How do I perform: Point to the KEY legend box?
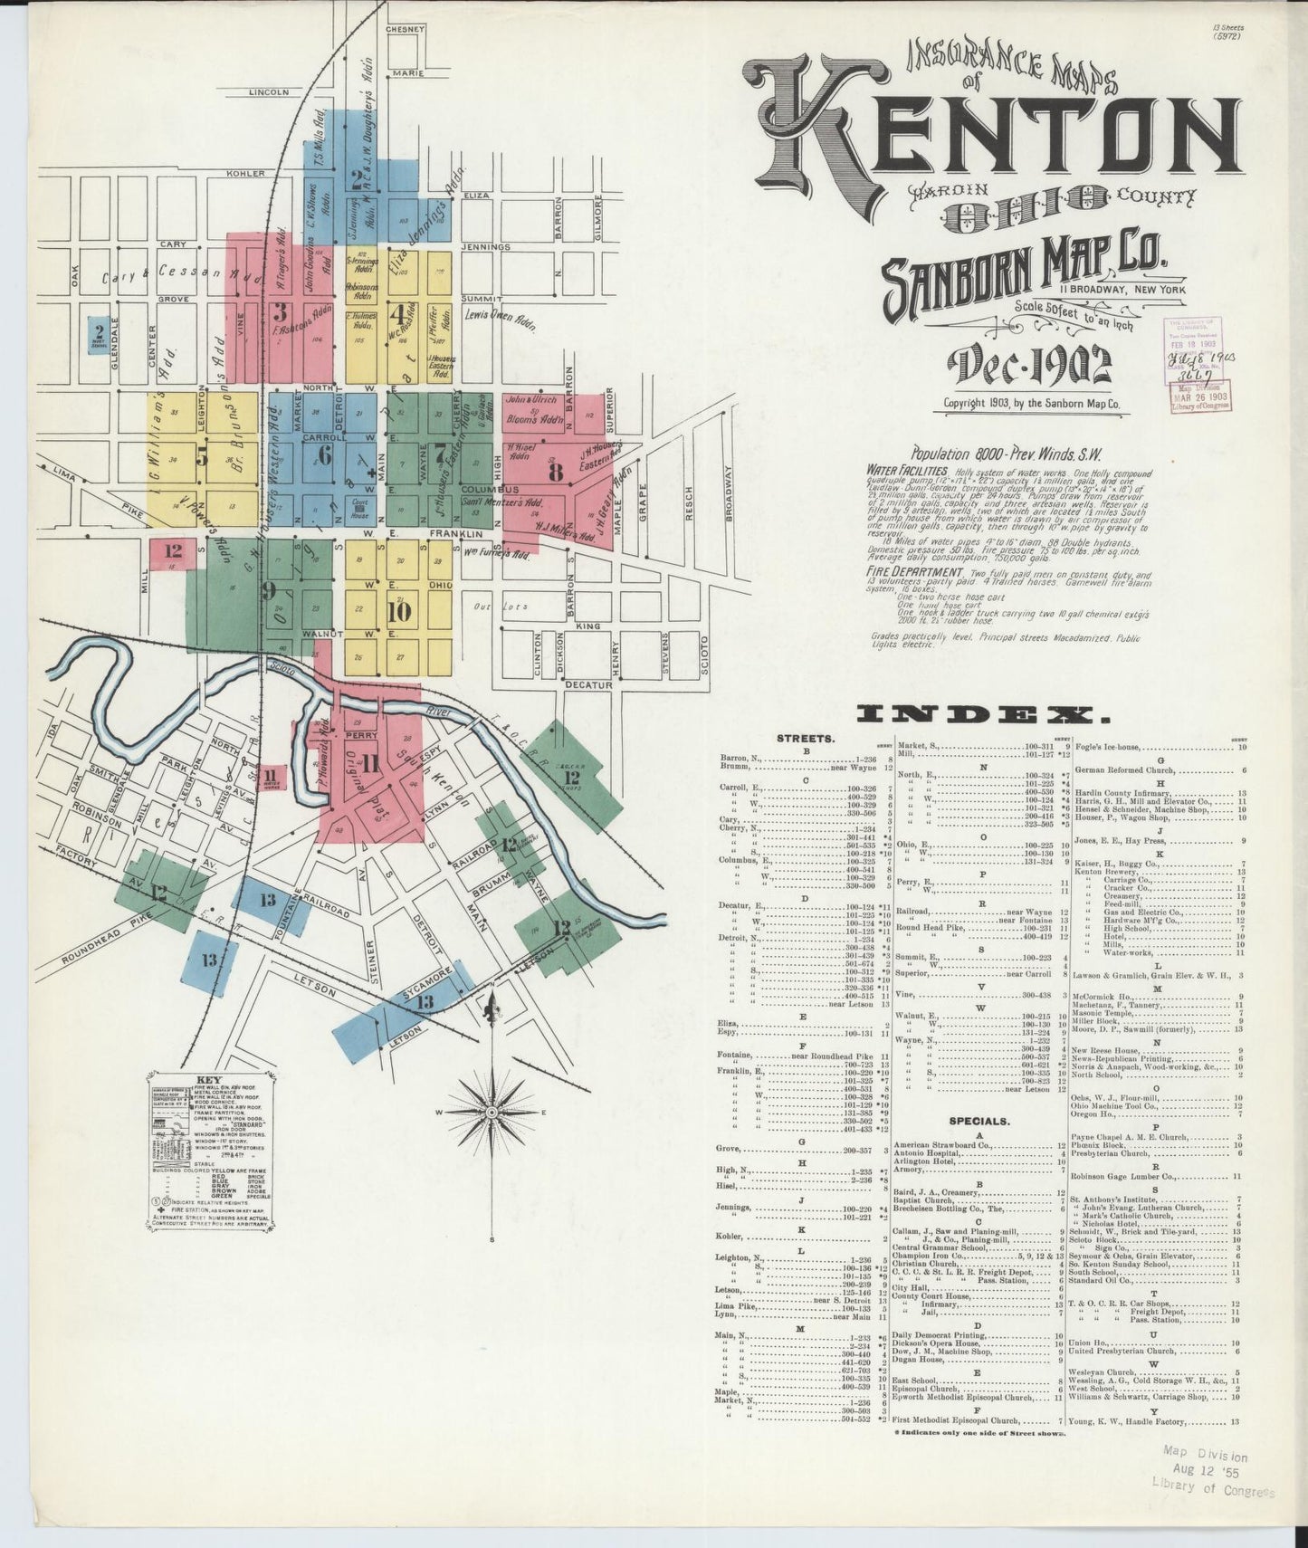tap(210, 1150)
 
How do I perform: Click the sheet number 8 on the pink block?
tap(555, 472)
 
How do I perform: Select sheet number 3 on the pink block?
tap(282, 314)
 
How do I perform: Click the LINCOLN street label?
tap(269, 92)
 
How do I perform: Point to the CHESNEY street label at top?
tap(405, 30)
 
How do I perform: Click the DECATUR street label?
tap(588, 685)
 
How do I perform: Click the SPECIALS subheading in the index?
tap(979, 1120)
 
